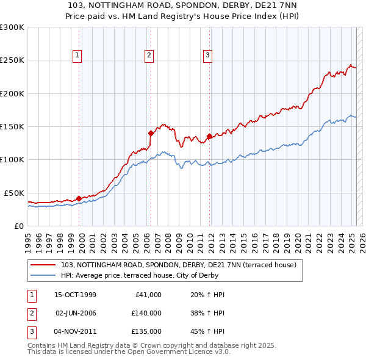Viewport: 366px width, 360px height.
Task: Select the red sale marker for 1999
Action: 79,198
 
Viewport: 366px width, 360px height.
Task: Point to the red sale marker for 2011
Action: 209,136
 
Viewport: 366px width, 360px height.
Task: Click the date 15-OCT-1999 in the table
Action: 75,295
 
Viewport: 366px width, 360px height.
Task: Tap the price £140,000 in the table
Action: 146,313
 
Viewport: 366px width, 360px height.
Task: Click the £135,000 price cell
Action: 146,331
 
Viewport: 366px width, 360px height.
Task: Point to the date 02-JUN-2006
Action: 75,313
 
